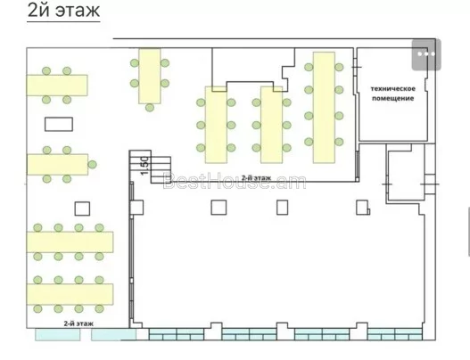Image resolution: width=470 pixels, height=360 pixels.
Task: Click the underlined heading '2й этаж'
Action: [63, 11]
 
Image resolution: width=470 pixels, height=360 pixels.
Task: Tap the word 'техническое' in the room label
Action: [393, 88]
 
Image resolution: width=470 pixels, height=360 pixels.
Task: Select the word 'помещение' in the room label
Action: [393, 98]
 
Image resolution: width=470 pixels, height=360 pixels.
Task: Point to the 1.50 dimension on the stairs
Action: [144, 166]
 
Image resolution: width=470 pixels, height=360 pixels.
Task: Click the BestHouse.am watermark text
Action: [235, 181]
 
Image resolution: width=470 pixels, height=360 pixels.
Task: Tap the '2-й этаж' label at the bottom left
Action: [78, 323]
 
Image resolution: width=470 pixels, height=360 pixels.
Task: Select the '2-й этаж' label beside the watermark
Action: [256, 177]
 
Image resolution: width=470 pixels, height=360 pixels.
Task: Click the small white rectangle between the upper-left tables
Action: [59, 124]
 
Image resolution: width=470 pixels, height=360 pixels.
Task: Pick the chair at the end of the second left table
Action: [93, 165]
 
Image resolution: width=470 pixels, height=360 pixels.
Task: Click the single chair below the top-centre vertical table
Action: [150, 108]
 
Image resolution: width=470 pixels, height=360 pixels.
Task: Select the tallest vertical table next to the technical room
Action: [324, 108]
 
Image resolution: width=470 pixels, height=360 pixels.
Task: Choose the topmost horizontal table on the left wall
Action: [57, 86]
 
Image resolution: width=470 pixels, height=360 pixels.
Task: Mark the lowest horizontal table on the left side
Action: [70, 294]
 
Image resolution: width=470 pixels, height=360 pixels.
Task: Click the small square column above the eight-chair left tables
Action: [82, 209]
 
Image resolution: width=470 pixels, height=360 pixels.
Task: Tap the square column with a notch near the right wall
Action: [363, 208]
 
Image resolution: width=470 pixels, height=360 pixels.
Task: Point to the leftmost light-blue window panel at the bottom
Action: [58, 334]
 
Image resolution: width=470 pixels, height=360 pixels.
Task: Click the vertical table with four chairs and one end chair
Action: [150, 76]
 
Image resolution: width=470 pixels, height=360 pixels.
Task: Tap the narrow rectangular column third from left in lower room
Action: [283, 208]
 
